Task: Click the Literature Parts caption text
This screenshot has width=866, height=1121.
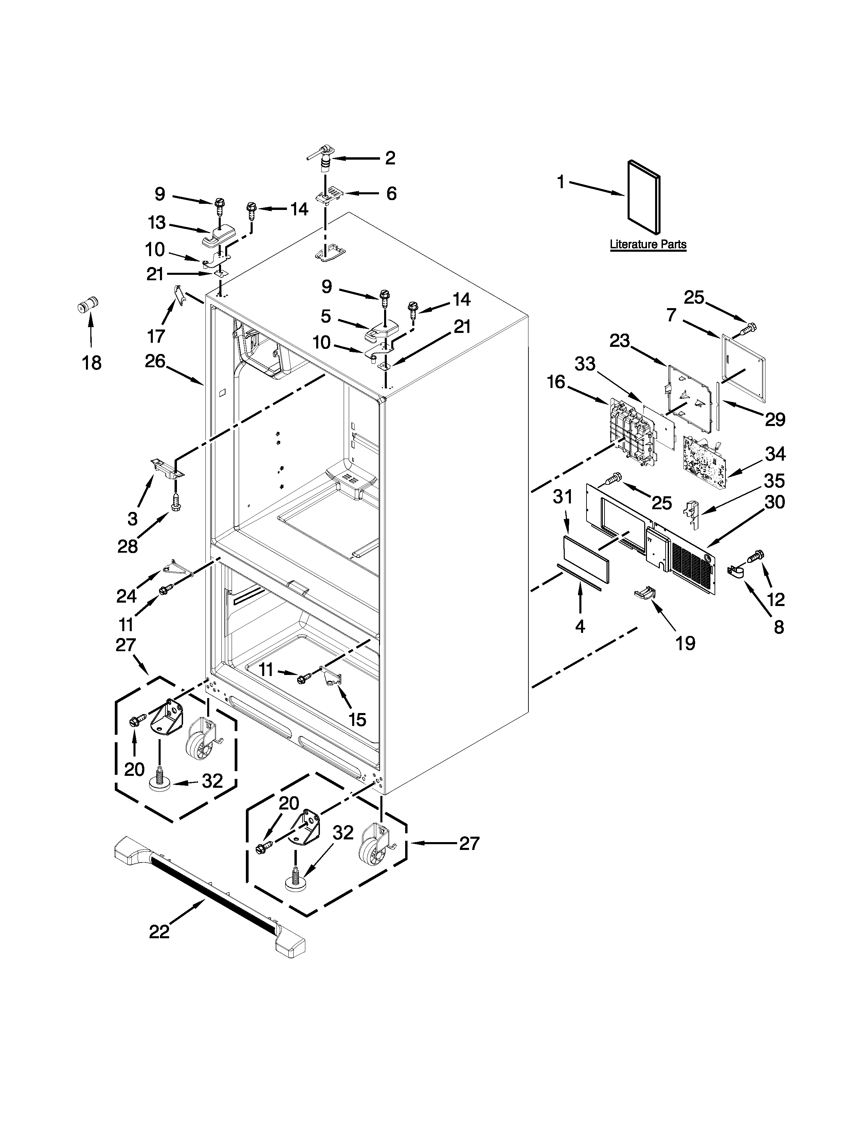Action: (648, 244)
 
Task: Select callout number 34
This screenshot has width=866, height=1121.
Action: (775, 454)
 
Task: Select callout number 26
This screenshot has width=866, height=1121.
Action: (155, 361)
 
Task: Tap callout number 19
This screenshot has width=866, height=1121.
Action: (685, 643)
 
